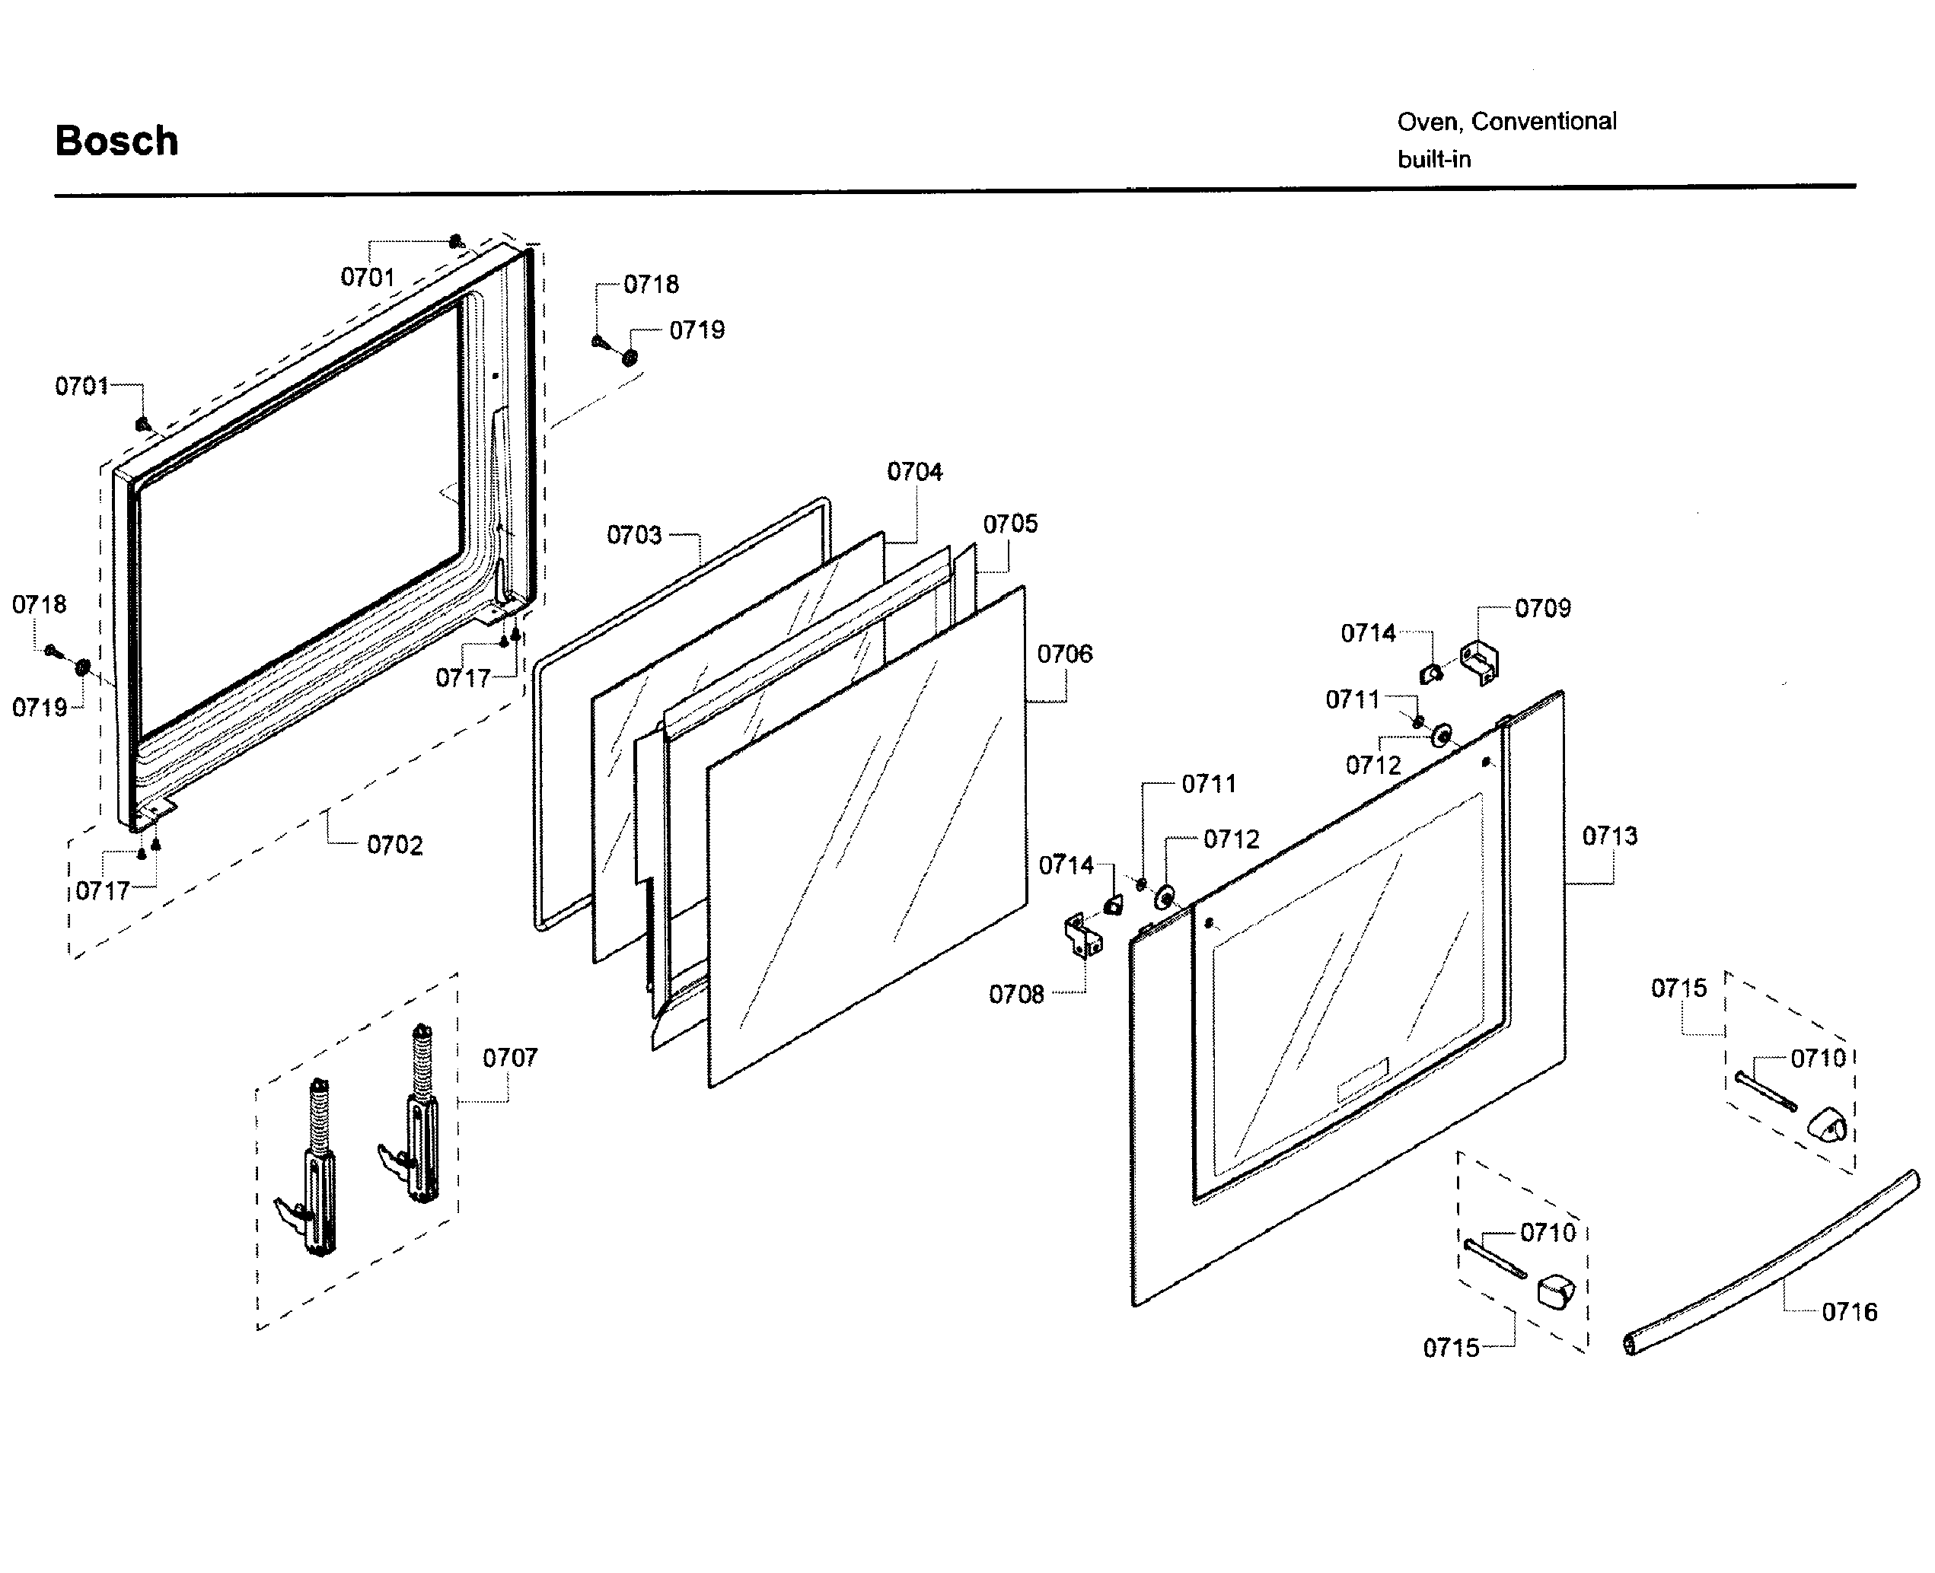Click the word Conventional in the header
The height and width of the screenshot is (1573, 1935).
1544,122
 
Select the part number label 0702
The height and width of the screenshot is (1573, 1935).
394,845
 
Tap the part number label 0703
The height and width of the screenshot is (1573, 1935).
633,536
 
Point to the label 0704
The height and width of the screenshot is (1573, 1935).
913,472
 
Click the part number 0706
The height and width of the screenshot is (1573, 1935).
1064,654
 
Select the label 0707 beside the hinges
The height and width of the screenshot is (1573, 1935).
509,1058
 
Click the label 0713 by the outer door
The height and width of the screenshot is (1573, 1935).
1610,836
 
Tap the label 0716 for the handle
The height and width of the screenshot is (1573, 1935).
1849,1312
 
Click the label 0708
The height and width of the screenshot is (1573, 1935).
1016,995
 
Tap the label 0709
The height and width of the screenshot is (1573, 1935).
1542,609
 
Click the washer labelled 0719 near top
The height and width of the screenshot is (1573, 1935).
630,357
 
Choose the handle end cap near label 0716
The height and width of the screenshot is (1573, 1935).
1555,1291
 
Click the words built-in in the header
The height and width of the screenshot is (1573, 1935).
1434,160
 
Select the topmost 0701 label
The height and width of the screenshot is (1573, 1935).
367,277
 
